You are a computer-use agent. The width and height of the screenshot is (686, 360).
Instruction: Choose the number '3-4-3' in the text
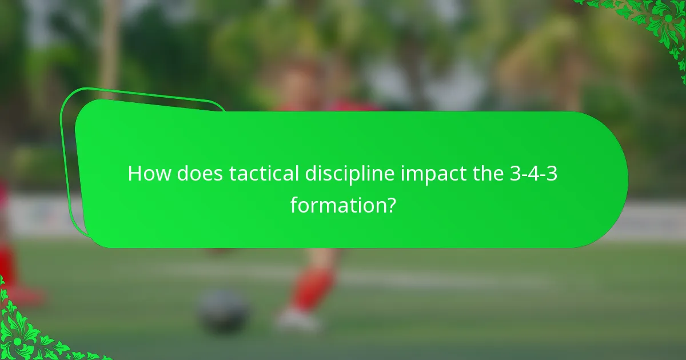click(533, 174)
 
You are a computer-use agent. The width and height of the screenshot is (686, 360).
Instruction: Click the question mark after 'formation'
click(390, 204)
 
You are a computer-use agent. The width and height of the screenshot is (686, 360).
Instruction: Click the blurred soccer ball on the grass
click(224, 312)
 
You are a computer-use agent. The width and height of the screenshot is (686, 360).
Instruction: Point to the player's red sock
click(312, 289)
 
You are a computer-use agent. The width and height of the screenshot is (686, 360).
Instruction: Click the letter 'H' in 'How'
click(135, 174)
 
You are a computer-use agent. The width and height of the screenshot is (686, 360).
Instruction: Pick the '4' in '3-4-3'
click(533, 174)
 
